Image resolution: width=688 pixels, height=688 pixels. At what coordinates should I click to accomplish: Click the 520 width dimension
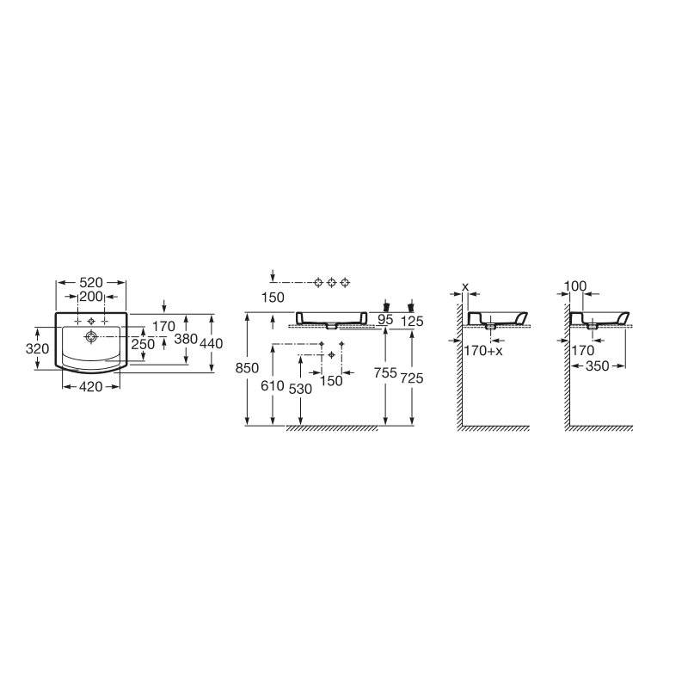91,282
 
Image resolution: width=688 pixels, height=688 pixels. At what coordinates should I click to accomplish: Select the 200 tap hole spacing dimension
91,297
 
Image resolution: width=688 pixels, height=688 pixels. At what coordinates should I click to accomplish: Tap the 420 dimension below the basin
91,386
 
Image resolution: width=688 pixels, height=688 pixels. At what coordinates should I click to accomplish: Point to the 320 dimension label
37,348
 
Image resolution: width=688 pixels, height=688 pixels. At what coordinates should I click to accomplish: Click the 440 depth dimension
211,343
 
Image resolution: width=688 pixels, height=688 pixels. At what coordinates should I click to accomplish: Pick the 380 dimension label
186,338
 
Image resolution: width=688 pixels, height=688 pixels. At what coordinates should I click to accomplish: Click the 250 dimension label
143,344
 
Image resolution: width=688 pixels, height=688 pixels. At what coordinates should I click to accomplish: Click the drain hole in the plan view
91,336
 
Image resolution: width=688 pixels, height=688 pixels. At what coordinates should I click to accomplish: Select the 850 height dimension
247,368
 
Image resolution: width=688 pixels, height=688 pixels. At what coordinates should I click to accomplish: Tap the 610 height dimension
273,385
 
